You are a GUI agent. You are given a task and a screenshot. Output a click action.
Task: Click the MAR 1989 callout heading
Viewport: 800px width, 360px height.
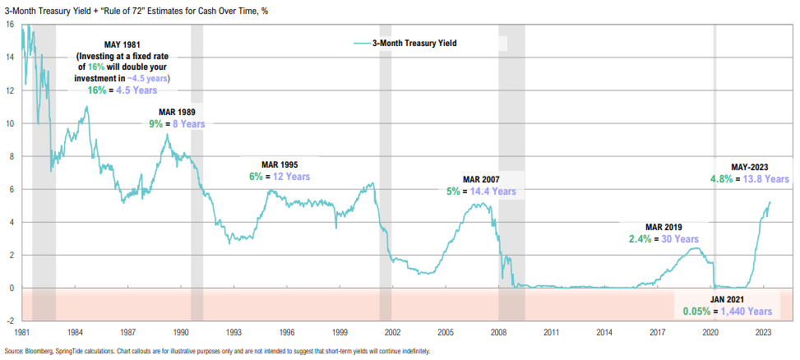click(x=177, y=111)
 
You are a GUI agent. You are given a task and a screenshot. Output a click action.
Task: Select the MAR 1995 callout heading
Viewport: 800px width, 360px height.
click(x=279, y=163)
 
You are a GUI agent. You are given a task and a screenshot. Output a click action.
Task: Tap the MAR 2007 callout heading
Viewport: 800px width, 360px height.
click(x=481, y=178)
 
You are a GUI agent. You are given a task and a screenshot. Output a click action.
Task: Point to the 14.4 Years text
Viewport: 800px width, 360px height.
click(x=493, y=192)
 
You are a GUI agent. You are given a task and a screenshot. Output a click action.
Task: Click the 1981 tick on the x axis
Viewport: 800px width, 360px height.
click(x=23, y=333)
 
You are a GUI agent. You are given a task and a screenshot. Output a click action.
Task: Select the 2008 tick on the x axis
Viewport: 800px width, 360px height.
click(x=499, y=333)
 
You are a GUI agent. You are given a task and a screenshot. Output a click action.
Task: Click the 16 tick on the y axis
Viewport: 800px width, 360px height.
click(x=8, y=25)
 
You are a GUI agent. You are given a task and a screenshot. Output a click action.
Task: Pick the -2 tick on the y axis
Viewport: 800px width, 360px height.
click(x=8, y=321)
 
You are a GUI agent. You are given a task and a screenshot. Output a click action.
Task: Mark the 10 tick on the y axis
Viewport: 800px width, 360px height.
click(x=8, y=123)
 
